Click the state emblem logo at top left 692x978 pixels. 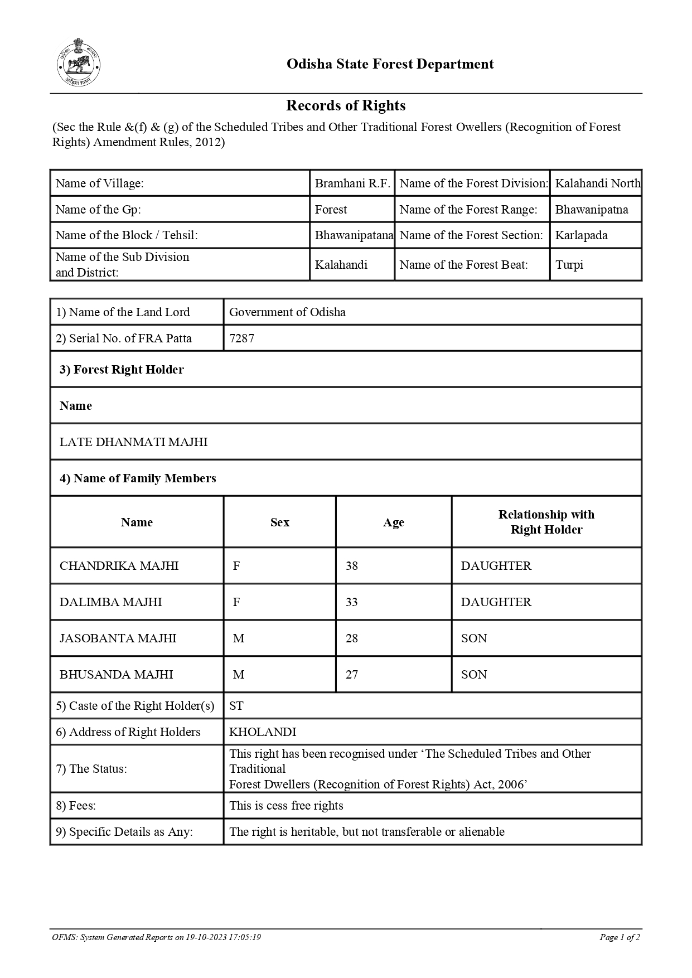coord(79,63)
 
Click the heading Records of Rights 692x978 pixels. coord(346,105)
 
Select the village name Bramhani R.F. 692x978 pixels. coord(352,183)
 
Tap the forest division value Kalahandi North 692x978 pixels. coord(597,183)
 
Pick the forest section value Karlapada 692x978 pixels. coord(581,235)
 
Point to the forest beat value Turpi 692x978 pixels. coord(569,265)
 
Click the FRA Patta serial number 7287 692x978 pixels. coord(242,338)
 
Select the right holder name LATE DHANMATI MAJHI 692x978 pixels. coord(133,442)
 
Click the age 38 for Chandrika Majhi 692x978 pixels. coord(351,566)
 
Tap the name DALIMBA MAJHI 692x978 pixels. coord(110,602)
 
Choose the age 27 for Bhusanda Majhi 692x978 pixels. coord(351,675)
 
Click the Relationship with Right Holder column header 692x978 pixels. coord(546,522)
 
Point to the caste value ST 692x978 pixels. coord(236,706)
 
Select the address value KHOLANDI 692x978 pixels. coord(263,732)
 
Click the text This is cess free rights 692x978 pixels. coord(286,806)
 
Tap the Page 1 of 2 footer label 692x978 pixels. coord(619,937)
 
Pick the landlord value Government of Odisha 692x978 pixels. coord(287,312)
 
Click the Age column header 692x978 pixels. coord(393,522)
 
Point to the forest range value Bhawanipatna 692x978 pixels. coord(591,210)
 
